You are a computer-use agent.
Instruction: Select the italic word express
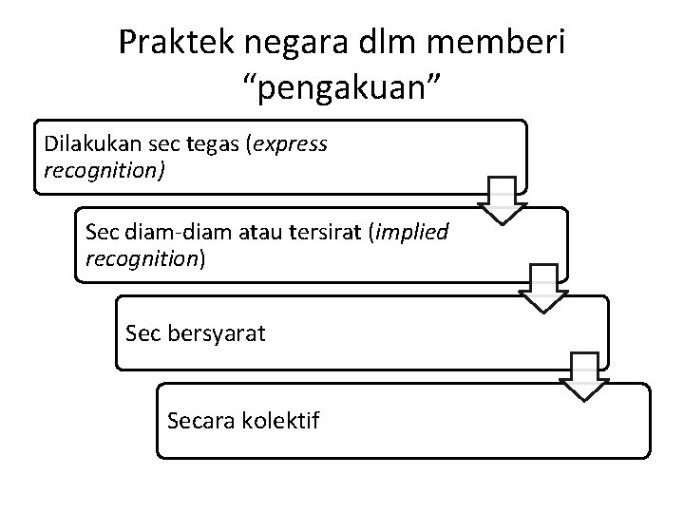pyautogui.click(x=288, y=145)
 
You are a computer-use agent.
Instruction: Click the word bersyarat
pyautogui.click(x=217, y=333)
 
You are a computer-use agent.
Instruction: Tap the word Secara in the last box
pyautogui.click(x=196, y=419)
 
